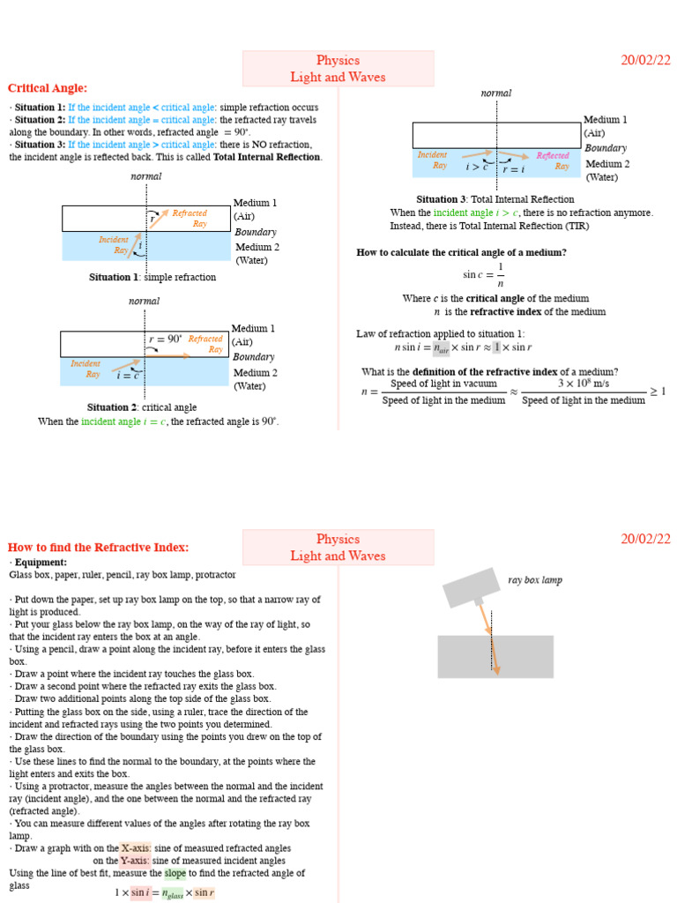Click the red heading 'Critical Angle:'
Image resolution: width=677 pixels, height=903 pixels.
(48, 88)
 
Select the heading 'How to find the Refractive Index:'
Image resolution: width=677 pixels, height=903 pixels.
(98, 548)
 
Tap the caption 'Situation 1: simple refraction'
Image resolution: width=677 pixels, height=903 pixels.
(152, 277)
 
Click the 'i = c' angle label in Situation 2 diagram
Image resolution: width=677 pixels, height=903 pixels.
(129, 376)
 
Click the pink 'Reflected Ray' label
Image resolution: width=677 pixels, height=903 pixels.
(554, 160)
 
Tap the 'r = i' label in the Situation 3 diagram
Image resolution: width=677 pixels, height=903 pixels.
(514, 169)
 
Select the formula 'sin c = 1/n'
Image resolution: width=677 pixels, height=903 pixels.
(484, 274)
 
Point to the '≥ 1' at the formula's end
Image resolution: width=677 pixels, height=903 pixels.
(658, 392)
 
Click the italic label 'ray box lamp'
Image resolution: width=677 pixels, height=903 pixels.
(534, 580)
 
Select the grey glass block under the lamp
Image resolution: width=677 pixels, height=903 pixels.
(495, 657)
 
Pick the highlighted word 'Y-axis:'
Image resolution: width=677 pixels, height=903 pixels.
(135, 861)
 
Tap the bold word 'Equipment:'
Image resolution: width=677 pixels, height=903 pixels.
(41, 562)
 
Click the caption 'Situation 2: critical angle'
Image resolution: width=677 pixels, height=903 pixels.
(141, 407)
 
